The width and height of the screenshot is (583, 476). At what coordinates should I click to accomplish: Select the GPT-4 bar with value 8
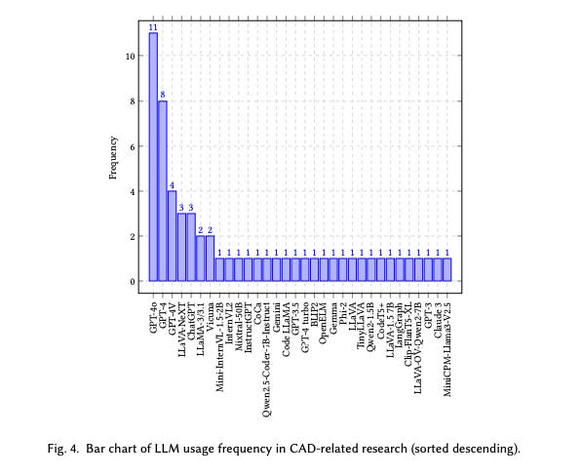tap(163, 190)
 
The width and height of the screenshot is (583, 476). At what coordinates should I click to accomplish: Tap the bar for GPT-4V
tap(172, 236)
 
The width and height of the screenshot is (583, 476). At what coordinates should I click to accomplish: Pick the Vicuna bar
tap(210, 258)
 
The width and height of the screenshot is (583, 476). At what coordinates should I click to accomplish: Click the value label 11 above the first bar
tap(153, 26)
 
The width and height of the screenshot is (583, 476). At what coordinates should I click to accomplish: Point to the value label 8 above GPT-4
tap(163, 95)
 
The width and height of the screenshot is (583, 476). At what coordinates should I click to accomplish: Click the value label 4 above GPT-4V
tap(172, 185)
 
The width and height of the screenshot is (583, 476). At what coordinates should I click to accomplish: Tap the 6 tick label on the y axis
tap(131, 146)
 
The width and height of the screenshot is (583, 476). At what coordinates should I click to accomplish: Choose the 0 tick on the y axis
tap(131, 282)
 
